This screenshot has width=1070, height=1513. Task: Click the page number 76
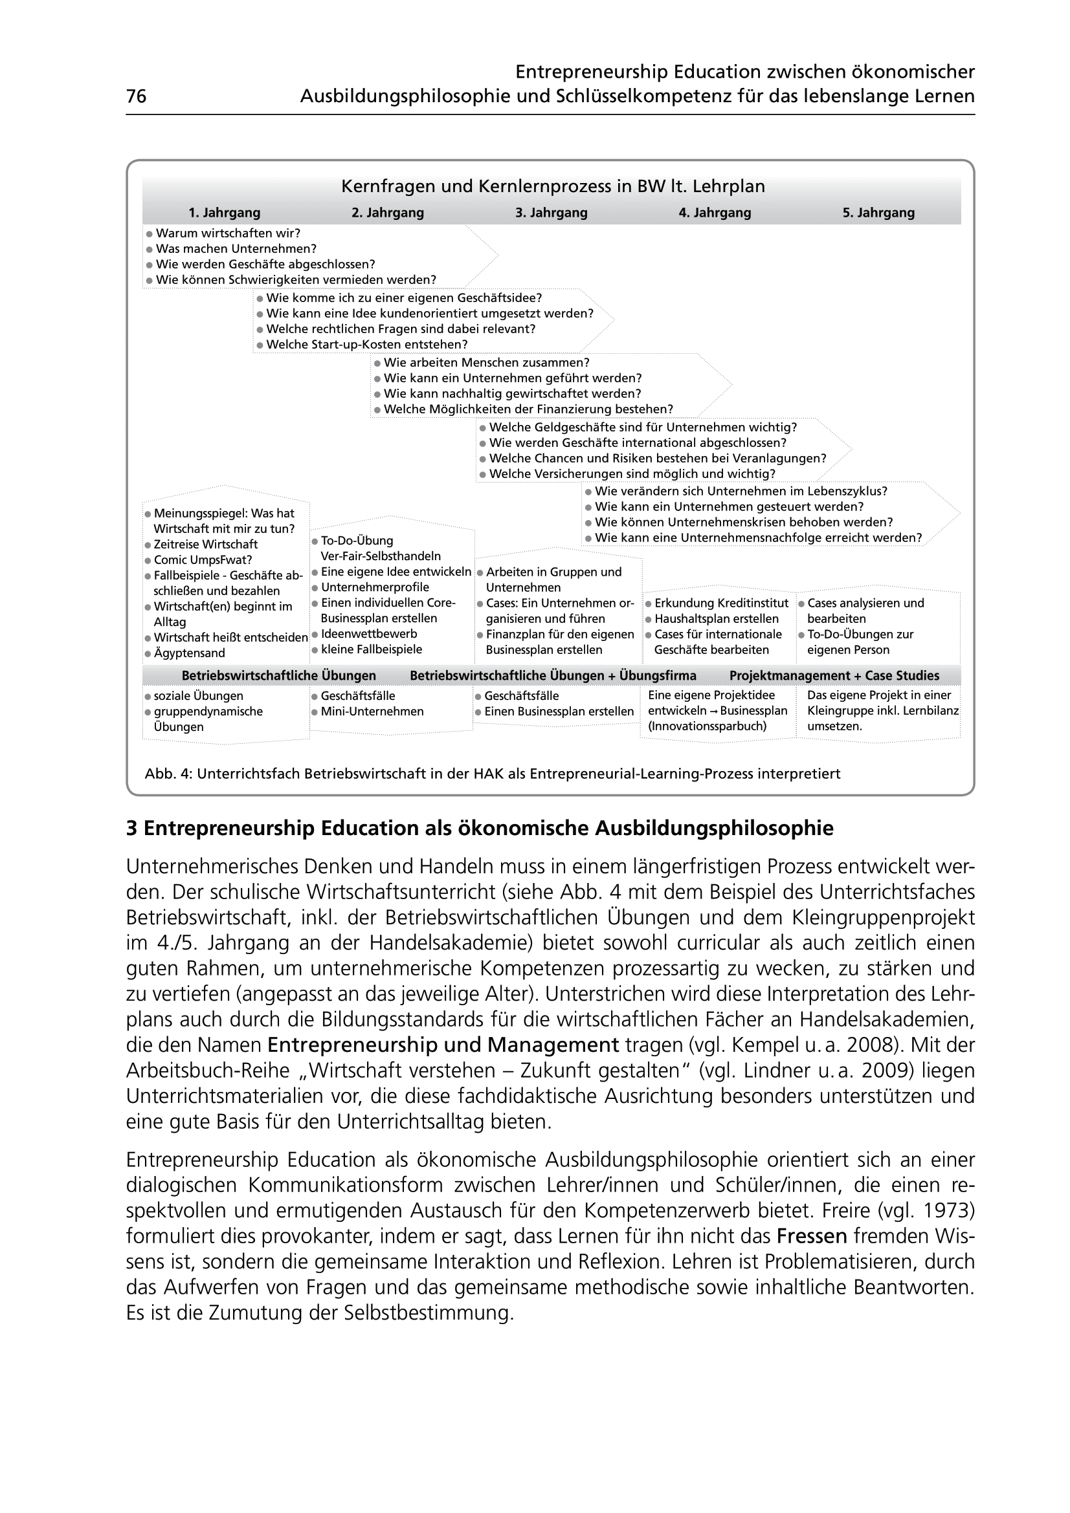[136, 97]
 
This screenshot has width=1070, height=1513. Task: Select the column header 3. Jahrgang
[551, 213]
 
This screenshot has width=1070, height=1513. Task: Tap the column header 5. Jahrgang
[878, 213]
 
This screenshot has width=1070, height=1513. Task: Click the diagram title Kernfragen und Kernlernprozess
[552, 186]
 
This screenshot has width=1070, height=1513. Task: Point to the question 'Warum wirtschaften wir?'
[227, 234]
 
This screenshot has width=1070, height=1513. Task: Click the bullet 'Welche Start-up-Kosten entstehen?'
[366, 345]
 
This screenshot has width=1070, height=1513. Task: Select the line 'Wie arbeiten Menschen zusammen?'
[487, 362]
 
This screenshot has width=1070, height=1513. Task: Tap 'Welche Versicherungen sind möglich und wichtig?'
[632, 473]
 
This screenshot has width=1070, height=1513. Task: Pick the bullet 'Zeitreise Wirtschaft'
[205, 544]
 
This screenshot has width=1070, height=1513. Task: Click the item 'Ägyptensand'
[189, 653]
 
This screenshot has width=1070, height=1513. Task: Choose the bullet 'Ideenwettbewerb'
[368, 634]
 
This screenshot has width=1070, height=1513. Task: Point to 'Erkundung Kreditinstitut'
[721, 603]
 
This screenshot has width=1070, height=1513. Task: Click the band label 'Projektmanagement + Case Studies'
[834, 675]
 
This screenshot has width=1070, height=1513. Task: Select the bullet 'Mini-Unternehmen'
[372, 712]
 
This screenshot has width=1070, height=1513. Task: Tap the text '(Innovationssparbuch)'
[708, 726]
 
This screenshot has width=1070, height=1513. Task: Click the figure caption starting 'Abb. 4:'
[492, 774]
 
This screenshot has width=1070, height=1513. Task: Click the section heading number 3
[131, 829]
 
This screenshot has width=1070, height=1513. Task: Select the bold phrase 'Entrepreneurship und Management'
[443, 1045]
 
